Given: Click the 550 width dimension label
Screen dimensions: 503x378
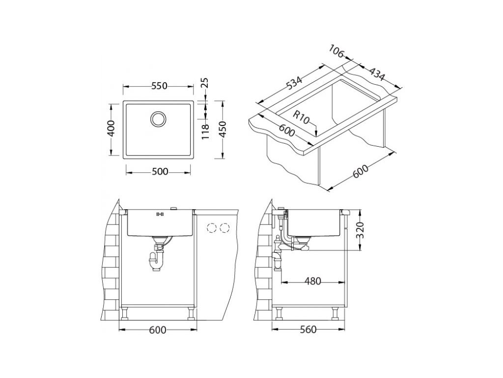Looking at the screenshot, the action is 160,86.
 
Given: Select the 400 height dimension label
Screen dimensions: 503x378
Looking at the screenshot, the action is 111,128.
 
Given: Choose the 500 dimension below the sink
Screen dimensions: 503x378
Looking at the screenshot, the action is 160,172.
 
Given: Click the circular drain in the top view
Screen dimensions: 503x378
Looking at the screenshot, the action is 158,119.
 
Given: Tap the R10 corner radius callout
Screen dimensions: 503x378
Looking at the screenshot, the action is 302,117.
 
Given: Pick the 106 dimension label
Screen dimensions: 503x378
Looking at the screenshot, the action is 336,52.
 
